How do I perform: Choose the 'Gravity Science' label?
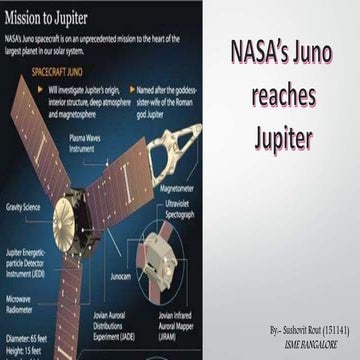coord(23,207)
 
